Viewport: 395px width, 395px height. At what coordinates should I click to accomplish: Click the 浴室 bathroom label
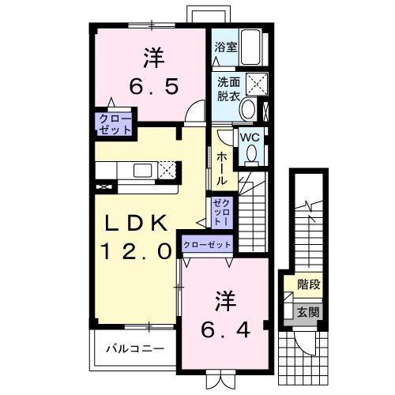coord(226,47)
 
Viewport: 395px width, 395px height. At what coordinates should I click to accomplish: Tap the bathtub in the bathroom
coord(250,47)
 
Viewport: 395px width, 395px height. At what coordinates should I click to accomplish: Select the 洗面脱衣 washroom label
coord(228,89)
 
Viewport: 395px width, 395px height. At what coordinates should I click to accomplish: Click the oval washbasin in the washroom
coord(248,109)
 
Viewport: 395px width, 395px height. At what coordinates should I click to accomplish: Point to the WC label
coord(250,137)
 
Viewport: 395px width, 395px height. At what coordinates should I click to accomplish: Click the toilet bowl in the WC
coord(252,155)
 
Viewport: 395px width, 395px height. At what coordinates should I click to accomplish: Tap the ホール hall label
coord(221,168)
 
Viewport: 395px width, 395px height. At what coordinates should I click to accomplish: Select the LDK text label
coord(136,224)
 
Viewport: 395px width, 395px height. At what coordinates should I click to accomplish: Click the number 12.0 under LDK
coord(137,251)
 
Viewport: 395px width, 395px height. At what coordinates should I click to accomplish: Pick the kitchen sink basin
coord(142,171)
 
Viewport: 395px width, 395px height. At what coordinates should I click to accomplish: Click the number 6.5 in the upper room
coord(154,87)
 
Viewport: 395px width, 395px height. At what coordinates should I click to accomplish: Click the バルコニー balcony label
coord(135,349)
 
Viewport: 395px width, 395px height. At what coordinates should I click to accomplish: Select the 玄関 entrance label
coord(308,312)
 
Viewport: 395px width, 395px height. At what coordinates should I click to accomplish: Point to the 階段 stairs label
coord(309,284)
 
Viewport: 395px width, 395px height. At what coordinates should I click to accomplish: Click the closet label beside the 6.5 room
coord(115,125)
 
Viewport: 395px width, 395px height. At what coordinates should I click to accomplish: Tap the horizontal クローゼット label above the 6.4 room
coord(207,245)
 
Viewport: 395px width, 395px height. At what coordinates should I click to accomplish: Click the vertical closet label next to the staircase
coord(223,213)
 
